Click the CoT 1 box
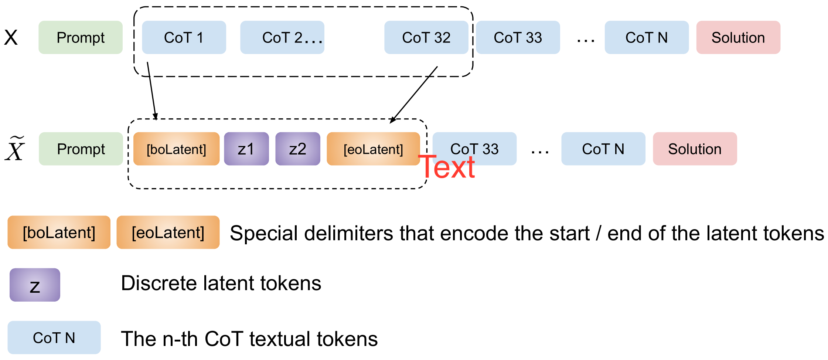point(184,37)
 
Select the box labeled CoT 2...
point(282,37)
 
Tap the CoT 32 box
point(426,37)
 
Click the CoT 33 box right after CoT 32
point(518,37)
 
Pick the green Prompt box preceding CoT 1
point(81,37)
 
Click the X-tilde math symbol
point(15,149)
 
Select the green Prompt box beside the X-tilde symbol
point(81,149)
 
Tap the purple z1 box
point(246,149)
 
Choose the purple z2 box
point(297,149)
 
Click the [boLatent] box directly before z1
point(176,149)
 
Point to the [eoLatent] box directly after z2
point(373,149)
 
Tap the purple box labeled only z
point(35,285)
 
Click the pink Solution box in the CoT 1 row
point(738,37)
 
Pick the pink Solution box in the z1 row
point(695,149)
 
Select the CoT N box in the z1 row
point(603,149)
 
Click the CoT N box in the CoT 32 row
point(646,37)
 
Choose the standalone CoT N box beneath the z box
point(54,337)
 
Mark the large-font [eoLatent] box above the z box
point(168,232)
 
